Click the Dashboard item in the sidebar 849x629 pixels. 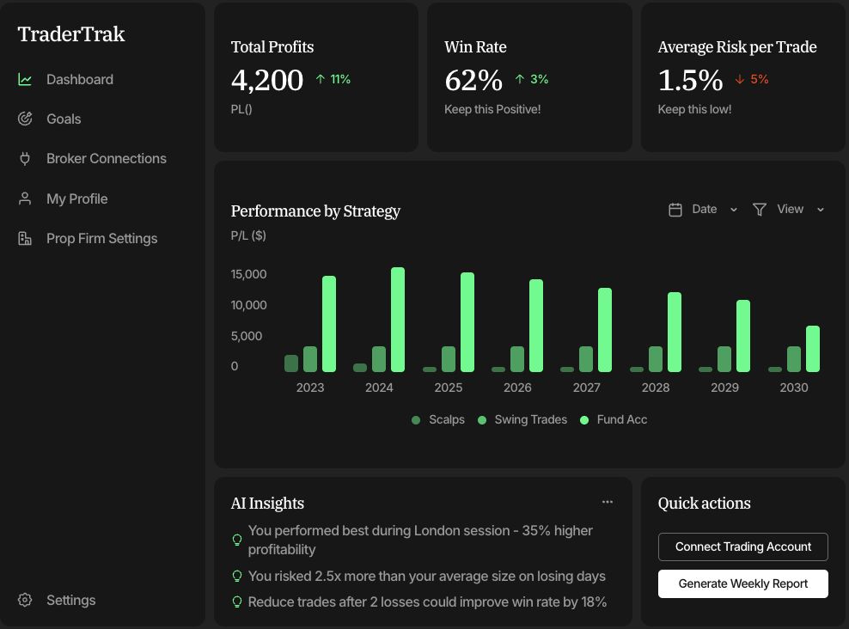[79, 80]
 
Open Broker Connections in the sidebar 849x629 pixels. [106, 159]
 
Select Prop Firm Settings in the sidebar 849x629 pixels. [101, 239]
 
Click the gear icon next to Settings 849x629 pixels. [25, 601]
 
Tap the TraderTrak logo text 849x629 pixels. [71, 34]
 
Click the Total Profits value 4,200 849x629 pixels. [267, 80]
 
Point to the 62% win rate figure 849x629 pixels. [473, 80]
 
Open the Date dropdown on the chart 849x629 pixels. [704, 210]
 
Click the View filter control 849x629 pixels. [789, 210]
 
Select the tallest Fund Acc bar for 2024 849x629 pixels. [398, 320]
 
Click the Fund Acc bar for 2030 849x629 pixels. [812, 349]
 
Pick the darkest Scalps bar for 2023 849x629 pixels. [291, 363]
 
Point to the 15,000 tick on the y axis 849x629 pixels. [249, 275]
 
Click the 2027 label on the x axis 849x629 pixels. [586, 388]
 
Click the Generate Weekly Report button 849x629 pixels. [743, 584]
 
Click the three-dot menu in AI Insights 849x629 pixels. [608, 502]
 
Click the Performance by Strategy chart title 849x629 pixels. [315, 211]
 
